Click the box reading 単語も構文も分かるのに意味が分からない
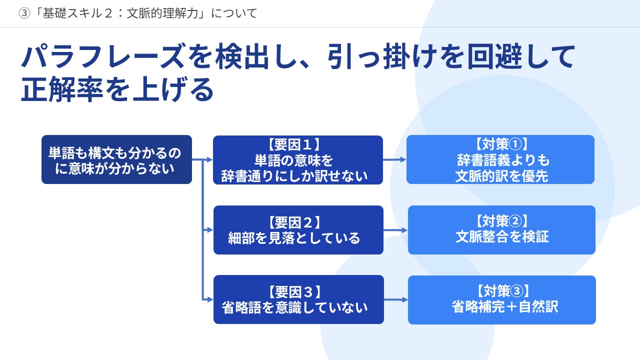[x=116, y=159]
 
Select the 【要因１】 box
[x=298, y=160]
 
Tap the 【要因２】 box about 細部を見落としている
[x=298, y=230]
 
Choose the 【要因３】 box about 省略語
[x=298, y=299]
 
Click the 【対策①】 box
[x=500, y=159]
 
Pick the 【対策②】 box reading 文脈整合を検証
[x=501, y=230]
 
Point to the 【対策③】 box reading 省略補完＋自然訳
[x=502, y=300]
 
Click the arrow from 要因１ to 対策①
[x=394, y=159]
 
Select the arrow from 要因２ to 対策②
[x=395, y=230]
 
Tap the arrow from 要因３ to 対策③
[x=396, y=299]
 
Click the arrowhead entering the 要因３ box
[x=210, y=299]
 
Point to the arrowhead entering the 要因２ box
[x=210, y=229]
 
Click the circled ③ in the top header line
[x=24, y=13]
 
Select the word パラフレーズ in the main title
[x=102, y=56]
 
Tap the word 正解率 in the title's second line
[x=62, y=89]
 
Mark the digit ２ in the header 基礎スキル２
[x=108, y=13]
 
